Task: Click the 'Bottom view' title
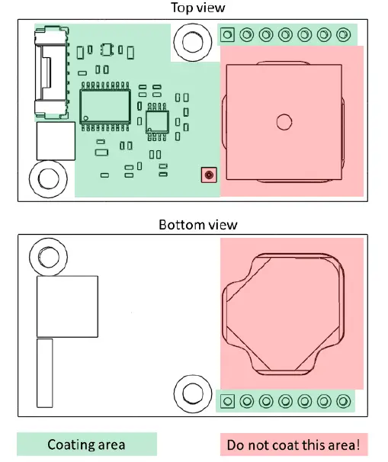pyautogui.click(x=197, y=224)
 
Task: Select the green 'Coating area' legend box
pyautogui.click(x=87, y=444)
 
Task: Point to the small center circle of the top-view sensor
pyautogui.click(x=284, y=120)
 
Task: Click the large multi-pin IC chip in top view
pyautogui.click(x=105, y=104)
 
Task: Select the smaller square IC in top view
pyautogui.click(x=158, y=120)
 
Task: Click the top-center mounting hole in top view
pyautogui.click(x=191, y=41)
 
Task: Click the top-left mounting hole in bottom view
pyautogui.click(x=47, y=258)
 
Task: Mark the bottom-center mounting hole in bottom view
pyautogui.click(x=191, y=394)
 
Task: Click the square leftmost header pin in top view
pyautogui.click(x=227, y=34)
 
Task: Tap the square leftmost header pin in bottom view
pyautogui.click(x=227, y=401)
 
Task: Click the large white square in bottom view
pyautogui.click(x=68, y=306)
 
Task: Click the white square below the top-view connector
pyautogui.click(x=56, y=141)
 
